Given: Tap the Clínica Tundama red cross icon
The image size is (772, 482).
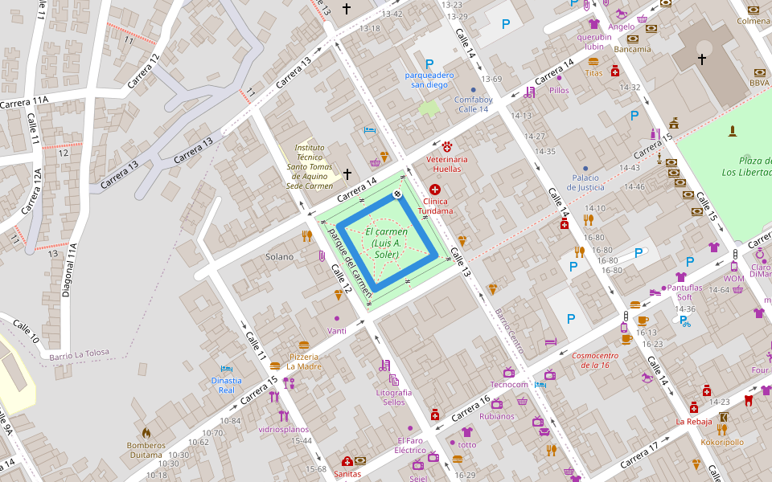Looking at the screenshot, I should point(435,189).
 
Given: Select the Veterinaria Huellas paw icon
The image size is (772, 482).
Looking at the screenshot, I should point(446,146).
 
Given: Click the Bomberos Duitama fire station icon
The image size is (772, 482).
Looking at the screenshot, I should point(146,432).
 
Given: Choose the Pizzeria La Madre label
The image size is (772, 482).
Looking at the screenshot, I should point(304,361).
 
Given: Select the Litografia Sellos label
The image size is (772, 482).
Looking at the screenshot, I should point(393,397).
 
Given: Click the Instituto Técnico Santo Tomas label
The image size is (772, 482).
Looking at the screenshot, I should point(310,166).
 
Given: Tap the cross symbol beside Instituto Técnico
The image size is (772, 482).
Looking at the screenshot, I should point(347,174).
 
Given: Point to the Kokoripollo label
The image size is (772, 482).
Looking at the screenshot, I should point(721,442).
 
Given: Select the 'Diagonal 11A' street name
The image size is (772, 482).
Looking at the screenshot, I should point(68,270).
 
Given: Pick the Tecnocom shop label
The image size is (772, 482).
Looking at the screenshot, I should point(509,385).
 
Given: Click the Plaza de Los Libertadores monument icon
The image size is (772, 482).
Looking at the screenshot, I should point(732,131).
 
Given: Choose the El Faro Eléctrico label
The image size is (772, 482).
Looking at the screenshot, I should point(410,445).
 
